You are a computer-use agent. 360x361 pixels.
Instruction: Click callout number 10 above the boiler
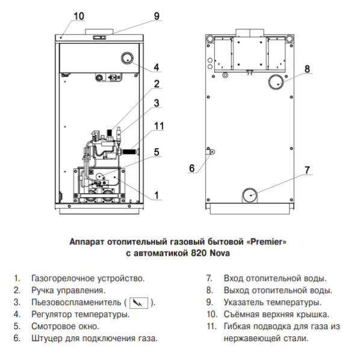[79, 16]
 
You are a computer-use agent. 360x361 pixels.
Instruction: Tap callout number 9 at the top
[157, 16]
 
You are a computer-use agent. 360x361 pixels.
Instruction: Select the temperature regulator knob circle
[127, 58]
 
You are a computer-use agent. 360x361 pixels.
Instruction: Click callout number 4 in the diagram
[157, 67]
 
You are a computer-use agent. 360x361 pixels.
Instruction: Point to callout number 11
[159, 126]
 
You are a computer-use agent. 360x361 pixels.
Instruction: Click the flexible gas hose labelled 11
[131, 152]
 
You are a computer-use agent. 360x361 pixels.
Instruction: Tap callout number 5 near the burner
[157, 152]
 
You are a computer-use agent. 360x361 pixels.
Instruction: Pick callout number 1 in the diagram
[157, 195]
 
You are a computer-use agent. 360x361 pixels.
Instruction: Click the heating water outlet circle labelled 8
[276, 82]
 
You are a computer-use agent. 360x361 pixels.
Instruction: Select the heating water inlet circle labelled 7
[250, 195]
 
